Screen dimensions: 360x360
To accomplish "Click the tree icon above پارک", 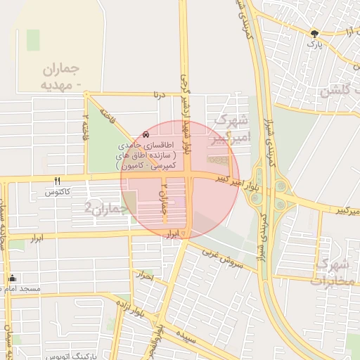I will tap(314, 32).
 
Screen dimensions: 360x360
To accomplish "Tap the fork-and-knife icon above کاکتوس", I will tap(58, 181).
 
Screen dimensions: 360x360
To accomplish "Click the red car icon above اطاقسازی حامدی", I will tap(146, 134).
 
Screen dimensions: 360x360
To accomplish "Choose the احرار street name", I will tap(147, 276).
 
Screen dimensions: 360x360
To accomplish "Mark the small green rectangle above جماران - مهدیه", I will tap(33, 40).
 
